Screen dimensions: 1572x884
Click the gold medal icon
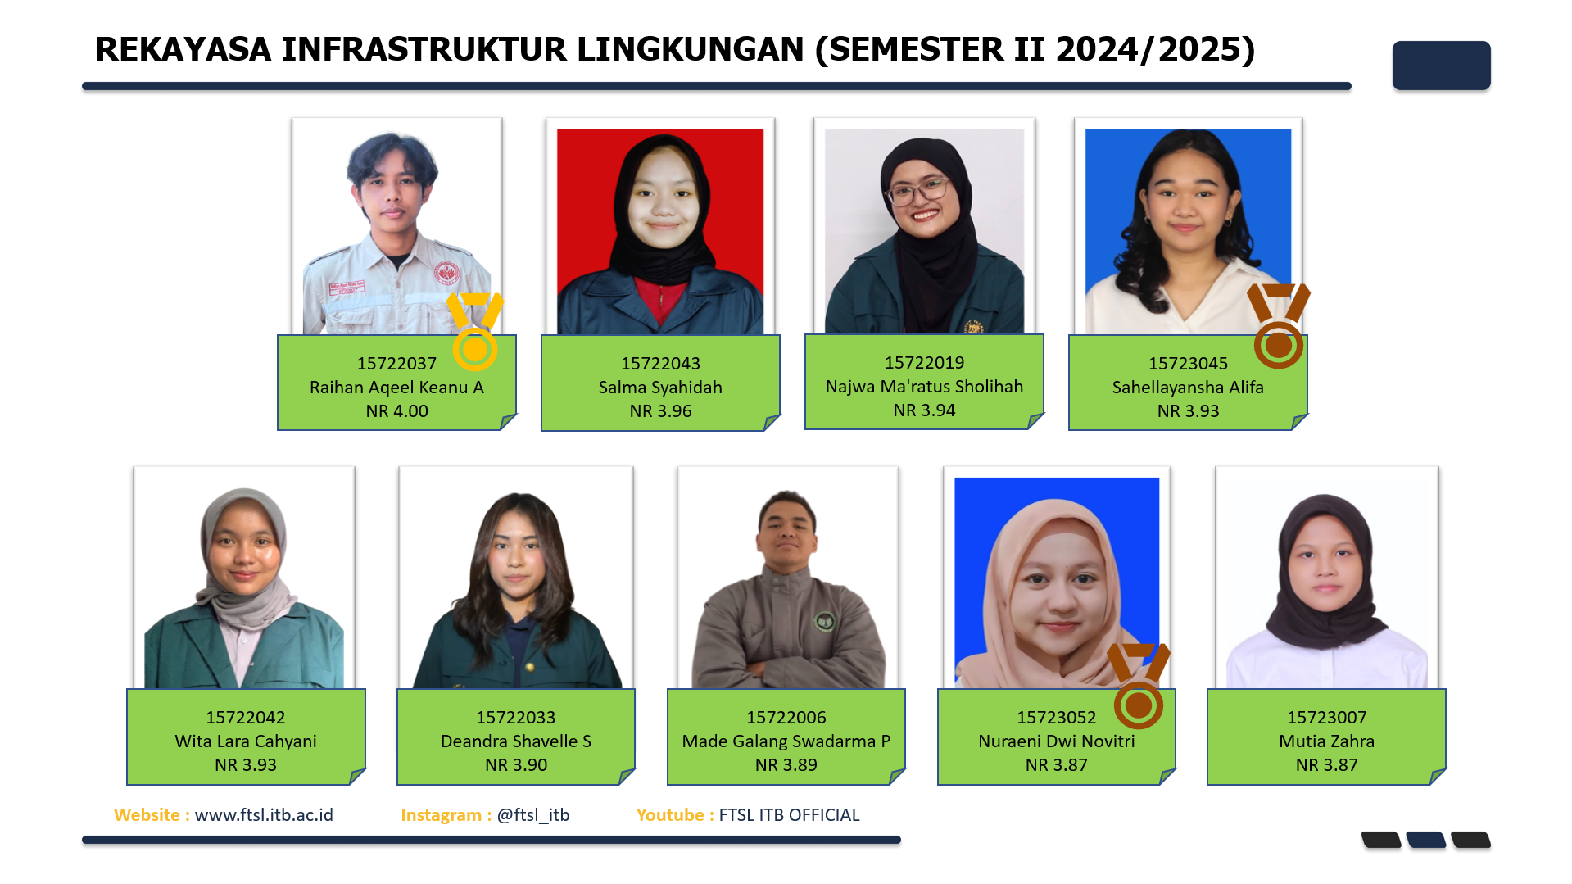(x=474, y=332)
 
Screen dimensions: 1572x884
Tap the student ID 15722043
(x=660, y=364)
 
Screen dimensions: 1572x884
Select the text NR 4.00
(x=397, y=411)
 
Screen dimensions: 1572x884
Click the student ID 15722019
(x=924, y=363)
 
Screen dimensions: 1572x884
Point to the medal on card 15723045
(x=1278, y=326)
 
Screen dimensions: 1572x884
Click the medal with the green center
(x=1139, y=687)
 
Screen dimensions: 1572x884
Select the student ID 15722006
(x=786, y=718)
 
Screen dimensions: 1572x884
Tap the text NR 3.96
(x=660, y=411)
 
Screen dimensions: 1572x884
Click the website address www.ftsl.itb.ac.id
(x=264, y=815)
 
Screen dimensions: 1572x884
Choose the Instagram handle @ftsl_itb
(x=533, y=815)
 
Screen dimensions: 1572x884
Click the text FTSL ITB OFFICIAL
(x=789, y=815)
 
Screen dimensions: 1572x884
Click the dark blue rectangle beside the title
(x=1441, y=66)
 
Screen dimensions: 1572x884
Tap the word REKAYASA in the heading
(x=183, y=49)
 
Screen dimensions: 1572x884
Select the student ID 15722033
(x=516, y=718)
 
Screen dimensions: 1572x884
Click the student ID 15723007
(x=1327, y=718)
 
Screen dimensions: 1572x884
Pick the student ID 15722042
(x=246, y=718)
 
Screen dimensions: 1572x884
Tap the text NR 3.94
(x=924, y=410)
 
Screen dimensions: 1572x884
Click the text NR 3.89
(x=786, y=765)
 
